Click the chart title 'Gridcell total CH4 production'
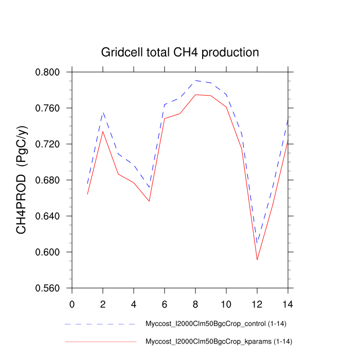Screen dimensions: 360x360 [180, 52]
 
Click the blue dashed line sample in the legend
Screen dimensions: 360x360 [100, 325]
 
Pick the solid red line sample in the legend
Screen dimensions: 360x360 [100, 341]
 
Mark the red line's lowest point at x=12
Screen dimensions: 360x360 [257, 260]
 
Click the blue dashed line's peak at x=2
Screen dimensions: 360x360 [103, 112]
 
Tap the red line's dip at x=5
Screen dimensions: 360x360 [149, 201]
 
